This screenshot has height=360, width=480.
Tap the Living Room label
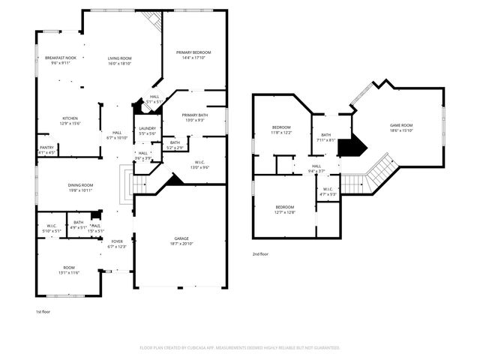tap(119, 58)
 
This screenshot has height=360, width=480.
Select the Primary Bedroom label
tap(193, 52)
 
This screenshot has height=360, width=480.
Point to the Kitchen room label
tap(70, 118)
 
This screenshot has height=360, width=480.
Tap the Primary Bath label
tap(193, 115)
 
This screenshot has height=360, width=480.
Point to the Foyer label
tap(117, 241)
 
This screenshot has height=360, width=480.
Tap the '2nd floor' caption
tap(262, 254)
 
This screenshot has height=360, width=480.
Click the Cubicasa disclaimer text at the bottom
tap(240, 348)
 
